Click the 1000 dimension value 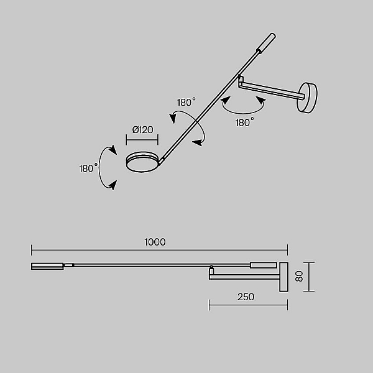[155, 242]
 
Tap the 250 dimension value [246, 297]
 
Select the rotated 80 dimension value [299, 277]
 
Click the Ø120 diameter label [143, 130]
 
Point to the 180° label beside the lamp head [88, 168]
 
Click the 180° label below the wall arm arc [245, 122]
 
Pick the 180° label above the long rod [186, 103]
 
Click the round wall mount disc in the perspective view [307, 98]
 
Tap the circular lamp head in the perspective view [142, 162]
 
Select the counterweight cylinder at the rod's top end [266, 42]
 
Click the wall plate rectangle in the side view [283, 277]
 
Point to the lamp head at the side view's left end [47, 266]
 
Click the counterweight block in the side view [264, 265]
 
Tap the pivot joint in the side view [211, 270]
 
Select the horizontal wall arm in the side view [244, 277]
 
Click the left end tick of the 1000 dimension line [32, 250]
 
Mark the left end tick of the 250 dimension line [210, 305]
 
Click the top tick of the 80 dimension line [309, 262]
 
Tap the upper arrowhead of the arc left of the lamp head [113, 150]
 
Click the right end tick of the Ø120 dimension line [158, 140]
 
